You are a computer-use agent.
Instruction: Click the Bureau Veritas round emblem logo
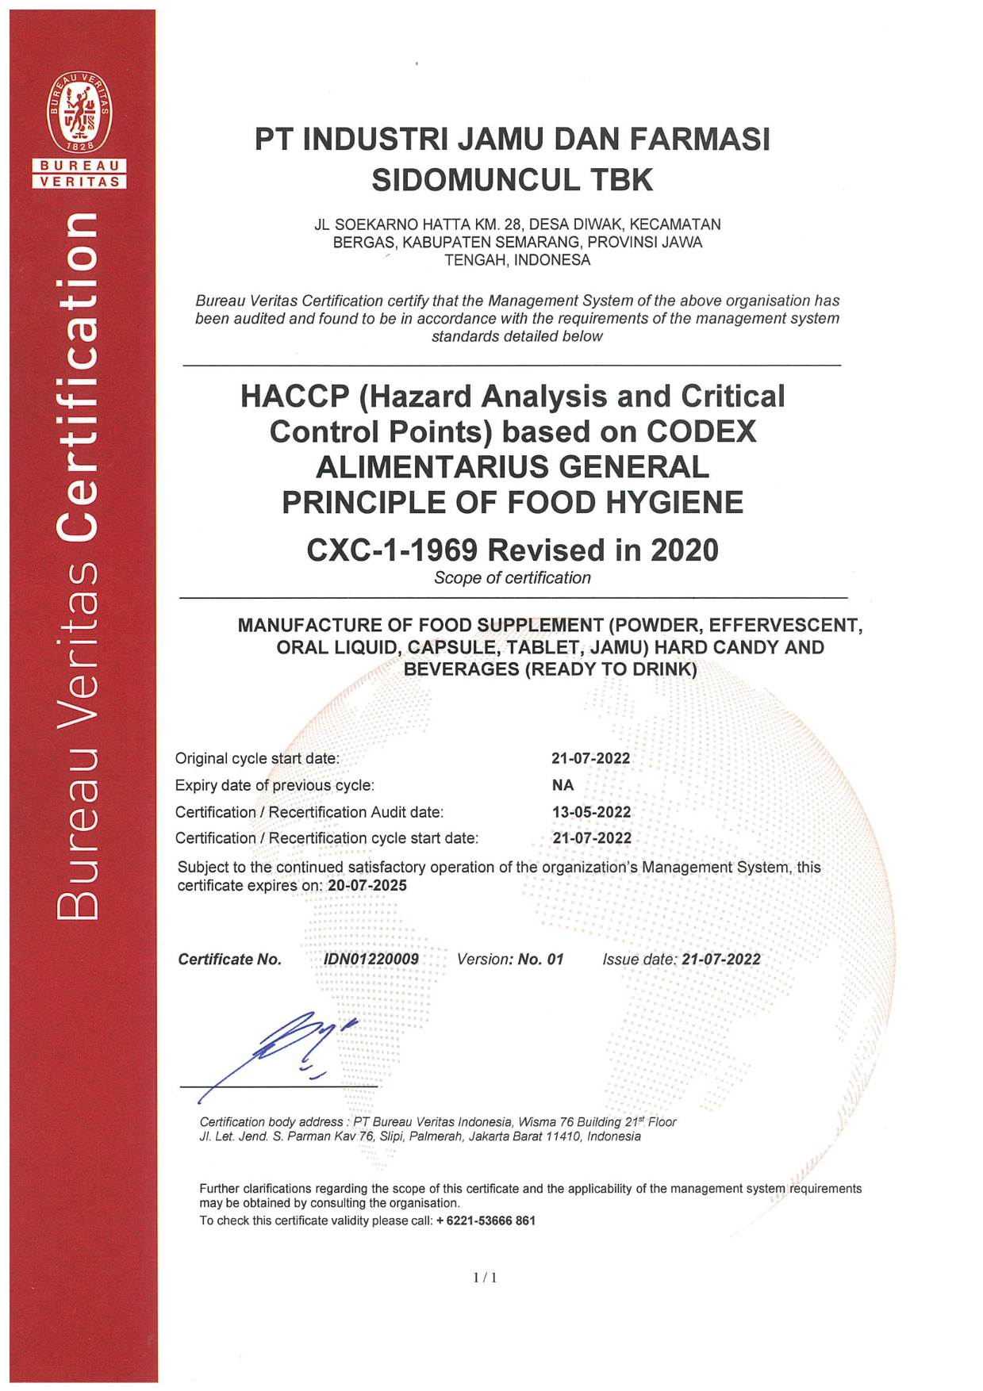click(79, 112)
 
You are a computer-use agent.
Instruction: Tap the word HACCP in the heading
click(295, 397)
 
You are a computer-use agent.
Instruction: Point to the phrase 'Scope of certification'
click(512, 578)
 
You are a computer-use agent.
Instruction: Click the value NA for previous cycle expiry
click(563, 785)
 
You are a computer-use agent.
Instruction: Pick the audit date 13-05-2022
click(591, 812)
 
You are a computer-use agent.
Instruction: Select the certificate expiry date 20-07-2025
click(367, 886)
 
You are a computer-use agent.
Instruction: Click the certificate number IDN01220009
click(371, 959)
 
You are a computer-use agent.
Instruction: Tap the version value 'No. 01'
click(540, 959)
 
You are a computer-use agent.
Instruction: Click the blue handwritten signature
click(294, 1047)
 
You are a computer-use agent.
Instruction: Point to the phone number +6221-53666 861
click(486, 1220)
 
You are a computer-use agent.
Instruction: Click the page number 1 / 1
click(485, 1277)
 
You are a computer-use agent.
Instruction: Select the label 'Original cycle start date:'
click(257, 758)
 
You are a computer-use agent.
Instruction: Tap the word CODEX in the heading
click(701, 432)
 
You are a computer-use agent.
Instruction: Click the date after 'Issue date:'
click(721, 959)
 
